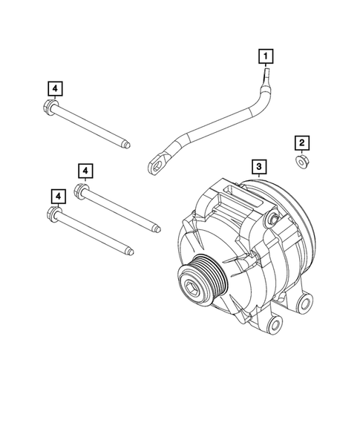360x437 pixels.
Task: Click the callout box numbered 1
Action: tap(265, 54)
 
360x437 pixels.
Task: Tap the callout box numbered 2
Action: tap(301, 142)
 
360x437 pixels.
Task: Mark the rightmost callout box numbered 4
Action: tap(86, 172)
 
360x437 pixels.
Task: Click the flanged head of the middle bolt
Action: tap(83, 191)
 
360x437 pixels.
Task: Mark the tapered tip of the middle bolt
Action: tap(157, 229)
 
